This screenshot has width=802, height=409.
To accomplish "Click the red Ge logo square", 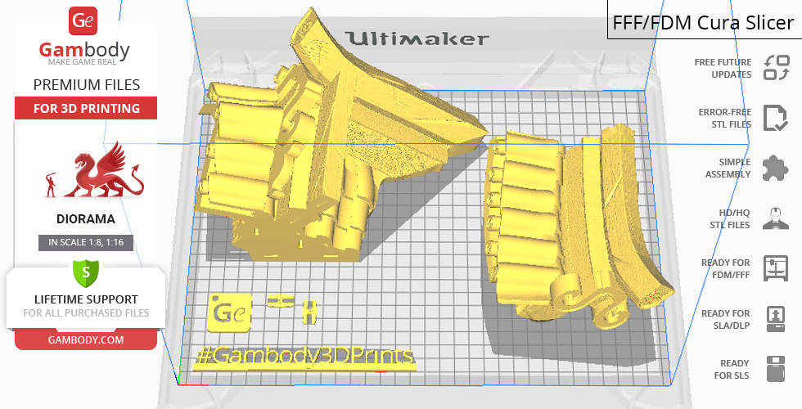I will point(85,20).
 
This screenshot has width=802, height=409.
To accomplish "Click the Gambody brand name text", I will point(85,51).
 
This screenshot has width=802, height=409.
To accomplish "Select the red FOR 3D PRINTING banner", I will point(86,108).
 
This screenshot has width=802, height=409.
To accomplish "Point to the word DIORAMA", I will point(86,219).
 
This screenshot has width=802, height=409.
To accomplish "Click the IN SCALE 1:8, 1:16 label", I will point(86,242).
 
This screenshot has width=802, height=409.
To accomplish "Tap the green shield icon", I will point(85,271).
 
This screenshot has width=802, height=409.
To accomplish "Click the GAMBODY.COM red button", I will point(86,339).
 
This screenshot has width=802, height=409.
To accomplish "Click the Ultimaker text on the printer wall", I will point(417,38).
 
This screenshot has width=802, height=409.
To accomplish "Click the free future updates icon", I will point(775,68).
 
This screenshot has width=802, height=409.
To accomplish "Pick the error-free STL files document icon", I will point(775,118).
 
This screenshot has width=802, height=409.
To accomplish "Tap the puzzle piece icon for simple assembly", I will point(775,168).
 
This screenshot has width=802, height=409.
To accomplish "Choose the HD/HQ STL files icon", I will point(775,218).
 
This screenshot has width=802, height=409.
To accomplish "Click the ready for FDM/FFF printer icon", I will point(775,267).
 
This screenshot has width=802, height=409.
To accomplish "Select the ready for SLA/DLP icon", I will point(775,318).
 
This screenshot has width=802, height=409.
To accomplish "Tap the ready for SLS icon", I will point(775,368).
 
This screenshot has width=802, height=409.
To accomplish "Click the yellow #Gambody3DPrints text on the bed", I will point(304,357).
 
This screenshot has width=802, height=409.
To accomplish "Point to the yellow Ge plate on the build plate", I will point(231,312).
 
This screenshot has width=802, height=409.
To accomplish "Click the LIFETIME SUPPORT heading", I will point(86,299).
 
